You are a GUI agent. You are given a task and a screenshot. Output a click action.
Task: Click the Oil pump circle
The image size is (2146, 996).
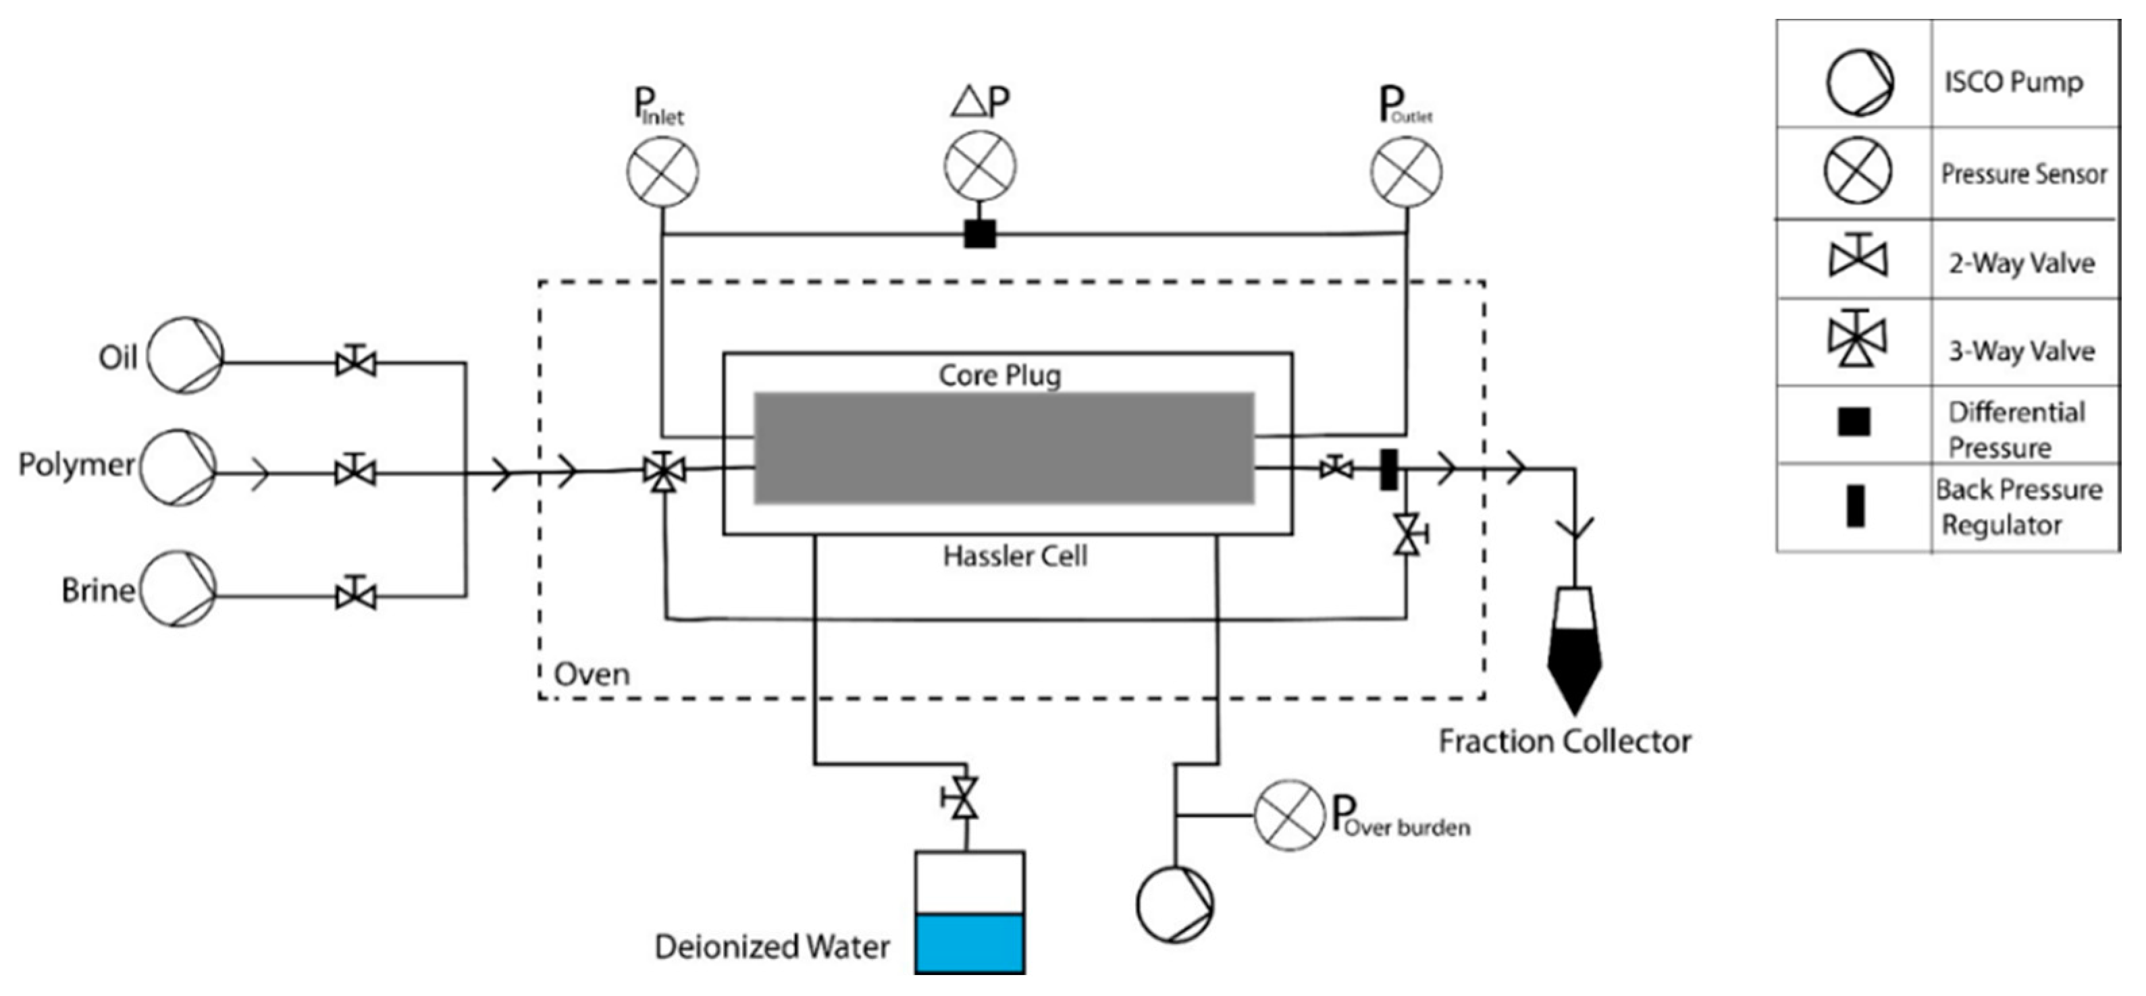tap(186, 356)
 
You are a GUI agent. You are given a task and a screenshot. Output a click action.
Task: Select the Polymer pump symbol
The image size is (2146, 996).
tap(178, 467)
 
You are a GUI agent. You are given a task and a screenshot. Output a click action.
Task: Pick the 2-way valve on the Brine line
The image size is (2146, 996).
tap(356, 597)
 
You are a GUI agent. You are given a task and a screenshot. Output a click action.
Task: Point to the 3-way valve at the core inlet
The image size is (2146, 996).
tap(664, 472)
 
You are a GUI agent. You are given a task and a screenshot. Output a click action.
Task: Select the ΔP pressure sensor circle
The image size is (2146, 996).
tap(980, 167)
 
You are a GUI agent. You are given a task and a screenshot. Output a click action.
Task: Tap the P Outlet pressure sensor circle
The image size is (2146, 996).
tap(1406, 172)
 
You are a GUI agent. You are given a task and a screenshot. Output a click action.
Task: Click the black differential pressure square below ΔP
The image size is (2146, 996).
tap(980, 234)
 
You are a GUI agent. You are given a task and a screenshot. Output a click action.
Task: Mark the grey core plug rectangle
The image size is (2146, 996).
tap(1004, 448)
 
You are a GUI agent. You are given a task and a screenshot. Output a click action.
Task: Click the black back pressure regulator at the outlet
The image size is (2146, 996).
tap(1388, 470)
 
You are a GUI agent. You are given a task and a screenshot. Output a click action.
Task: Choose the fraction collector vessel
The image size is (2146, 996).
tap(1575, 650)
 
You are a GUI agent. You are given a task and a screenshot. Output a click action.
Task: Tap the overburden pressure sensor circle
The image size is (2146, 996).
tap(1289, 815)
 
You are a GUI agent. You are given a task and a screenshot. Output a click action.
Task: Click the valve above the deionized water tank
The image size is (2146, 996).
tap(964, 799)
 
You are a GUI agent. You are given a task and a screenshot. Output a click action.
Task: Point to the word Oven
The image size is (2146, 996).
tap(592, 673)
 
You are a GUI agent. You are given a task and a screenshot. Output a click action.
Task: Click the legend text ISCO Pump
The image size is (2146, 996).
tap(2013, 82)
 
